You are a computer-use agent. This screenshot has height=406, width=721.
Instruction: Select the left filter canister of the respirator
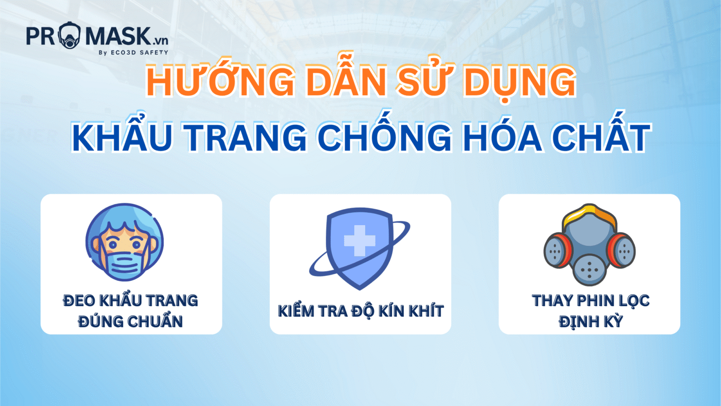(558, 251)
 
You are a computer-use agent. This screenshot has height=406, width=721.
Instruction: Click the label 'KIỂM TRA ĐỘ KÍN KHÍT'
(360, 311)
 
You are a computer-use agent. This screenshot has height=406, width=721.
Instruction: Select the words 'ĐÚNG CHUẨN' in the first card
(131, 322)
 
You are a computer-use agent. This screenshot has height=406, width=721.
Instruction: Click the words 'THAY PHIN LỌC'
(590, 300)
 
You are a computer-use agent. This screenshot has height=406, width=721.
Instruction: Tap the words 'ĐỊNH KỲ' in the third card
(590, 322)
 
